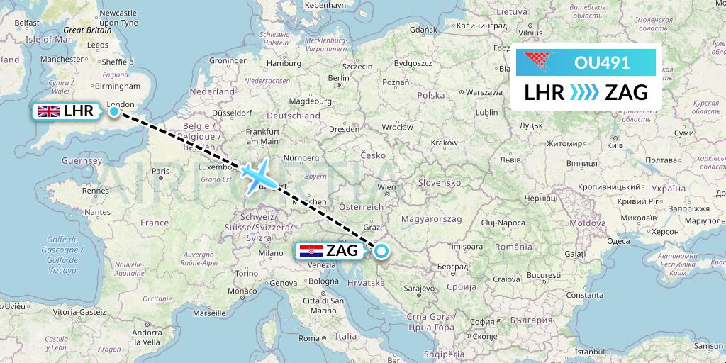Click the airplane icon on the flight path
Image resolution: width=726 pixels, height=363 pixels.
coord(257,174)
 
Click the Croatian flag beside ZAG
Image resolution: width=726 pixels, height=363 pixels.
coord(311,250)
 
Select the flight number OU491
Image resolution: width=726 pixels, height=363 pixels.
coord(602,62)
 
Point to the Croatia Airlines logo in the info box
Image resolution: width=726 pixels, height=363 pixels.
coord(545,62)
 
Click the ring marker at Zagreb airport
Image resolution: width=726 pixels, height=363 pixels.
coord(381,250)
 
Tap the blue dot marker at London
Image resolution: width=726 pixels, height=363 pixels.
coord(114,111)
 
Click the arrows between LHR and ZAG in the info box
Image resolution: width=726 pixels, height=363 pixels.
coord(585,92)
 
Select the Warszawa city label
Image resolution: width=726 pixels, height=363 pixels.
coord(484,93)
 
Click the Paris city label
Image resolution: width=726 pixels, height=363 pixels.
coord(160,171)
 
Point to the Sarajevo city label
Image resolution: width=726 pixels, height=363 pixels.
coord(418,289)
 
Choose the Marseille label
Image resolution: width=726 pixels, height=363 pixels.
coord(208,312)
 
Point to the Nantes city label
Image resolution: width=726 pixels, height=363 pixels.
coord(97,211)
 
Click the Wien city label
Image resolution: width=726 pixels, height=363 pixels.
coord(386,188)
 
